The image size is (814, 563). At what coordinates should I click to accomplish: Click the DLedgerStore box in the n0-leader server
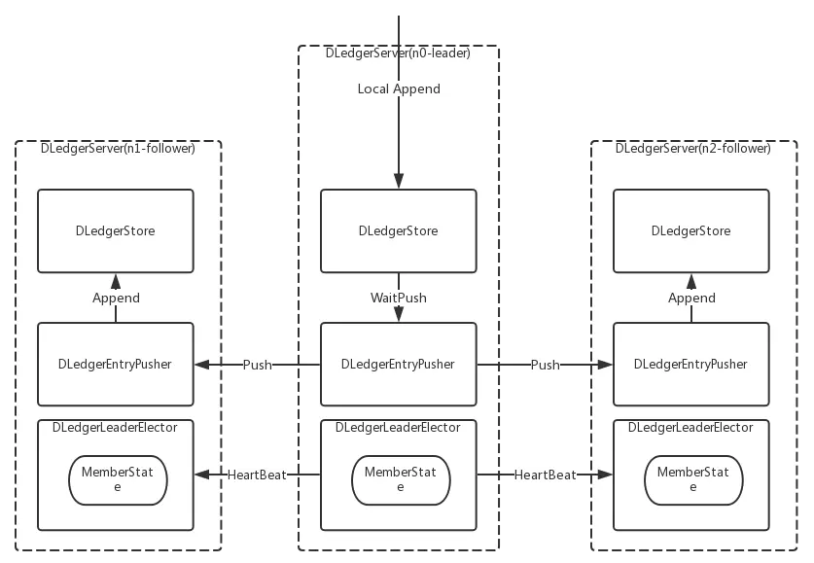point(398,230)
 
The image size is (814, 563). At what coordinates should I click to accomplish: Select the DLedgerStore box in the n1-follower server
point(115,230)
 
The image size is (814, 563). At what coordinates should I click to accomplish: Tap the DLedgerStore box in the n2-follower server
point(690,230)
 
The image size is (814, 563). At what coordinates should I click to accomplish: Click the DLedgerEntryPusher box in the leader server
point(398,365)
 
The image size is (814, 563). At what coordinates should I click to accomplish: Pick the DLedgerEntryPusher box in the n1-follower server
point(115,365)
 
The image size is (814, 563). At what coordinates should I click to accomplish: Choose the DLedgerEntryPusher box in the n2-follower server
point(690,365)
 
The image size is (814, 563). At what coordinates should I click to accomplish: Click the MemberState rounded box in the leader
point(398,479)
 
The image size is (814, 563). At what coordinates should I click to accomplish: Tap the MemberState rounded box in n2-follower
point(692,479)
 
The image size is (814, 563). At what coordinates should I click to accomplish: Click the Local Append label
point(399,89)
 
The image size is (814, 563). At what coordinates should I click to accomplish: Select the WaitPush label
point(399,298)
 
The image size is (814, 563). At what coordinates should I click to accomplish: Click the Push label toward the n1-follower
point(257,365)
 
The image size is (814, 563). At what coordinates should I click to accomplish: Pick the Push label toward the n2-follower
point(545,365)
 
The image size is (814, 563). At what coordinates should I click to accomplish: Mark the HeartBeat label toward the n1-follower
point(257,475)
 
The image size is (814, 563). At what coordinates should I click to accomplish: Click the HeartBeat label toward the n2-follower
point(545,475)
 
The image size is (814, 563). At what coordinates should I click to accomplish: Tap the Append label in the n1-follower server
point(116,298)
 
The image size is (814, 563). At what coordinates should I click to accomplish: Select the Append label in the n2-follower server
point(691,298)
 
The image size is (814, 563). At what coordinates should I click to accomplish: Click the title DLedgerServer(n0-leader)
point(398,53)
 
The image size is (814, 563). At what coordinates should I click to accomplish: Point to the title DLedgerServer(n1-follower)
point(118,149)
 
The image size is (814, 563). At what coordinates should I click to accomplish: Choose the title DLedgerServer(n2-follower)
point(692,149)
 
